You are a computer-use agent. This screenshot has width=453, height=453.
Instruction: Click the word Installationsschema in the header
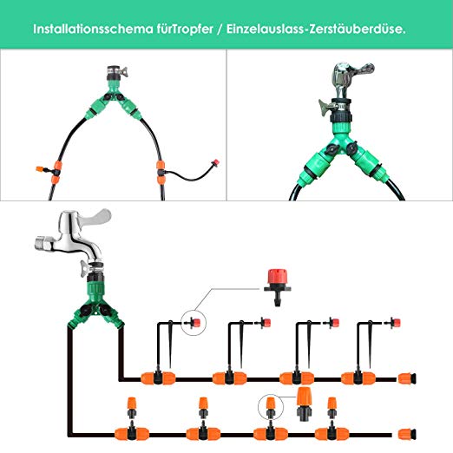click(x=93, y=30)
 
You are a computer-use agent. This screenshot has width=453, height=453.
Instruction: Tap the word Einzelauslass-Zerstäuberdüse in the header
click(x=316, y=30)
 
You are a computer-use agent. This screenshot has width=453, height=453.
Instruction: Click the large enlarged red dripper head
click(x=277, y=287)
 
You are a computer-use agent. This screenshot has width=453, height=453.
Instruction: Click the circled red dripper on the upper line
click(x=194, y=322)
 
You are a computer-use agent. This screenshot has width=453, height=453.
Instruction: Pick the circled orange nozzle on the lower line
click(x=270, y=408)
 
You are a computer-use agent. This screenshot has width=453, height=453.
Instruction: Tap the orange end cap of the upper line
click(x=407, y=378)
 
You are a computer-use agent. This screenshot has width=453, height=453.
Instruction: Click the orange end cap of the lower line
click(x=407, y=434)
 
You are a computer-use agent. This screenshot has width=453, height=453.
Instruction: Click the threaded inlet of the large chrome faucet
click(x=43, y=243)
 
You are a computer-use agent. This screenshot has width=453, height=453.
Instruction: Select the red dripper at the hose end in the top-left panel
click(x=215, y=163)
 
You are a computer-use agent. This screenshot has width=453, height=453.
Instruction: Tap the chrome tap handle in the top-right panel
click(x=361, y=70)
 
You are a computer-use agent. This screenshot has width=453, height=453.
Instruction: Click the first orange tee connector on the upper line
click(x=158, y=378)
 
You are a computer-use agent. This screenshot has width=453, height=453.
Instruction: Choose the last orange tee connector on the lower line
click(x=332, y=434)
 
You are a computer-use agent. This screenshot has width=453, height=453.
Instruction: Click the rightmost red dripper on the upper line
click(x=394, y=323)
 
